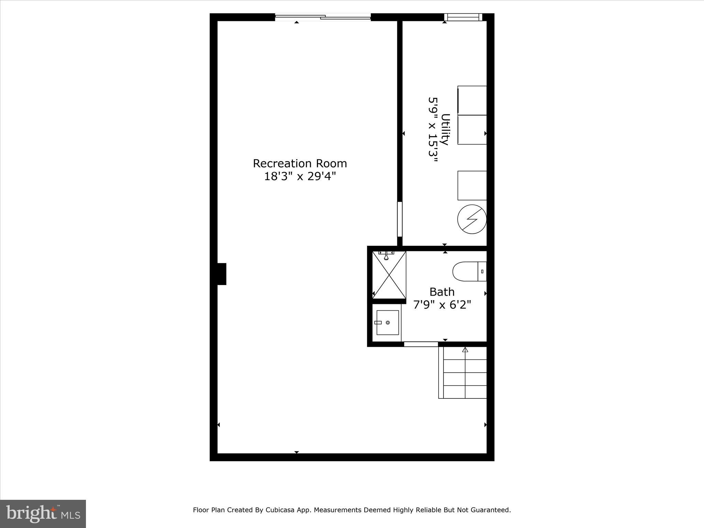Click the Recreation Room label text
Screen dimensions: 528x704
click(300, 163)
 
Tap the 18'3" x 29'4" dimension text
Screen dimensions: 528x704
click(300, 176)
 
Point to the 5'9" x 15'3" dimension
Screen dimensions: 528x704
click(433, 132)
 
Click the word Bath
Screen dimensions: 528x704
click(442, 292)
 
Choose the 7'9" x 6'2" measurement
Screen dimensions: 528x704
click(442, 305)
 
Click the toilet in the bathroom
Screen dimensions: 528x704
click(469, 272)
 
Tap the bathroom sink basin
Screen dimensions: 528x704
click(387, 322)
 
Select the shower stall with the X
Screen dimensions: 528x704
click(389, 275)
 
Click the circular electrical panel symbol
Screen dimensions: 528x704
click(472, 219)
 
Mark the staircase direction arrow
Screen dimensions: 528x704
click(465, 350)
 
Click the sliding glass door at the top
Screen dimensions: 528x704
click(323, 16)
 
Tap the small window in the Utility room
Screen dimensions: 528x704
click(463, 17)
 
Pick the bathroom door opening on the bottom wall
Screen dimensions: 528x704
click(421, 344)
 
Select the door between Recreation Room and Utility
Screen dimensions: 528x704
click(399, 219)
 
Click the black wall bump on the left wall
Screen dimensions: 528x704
click(222, 274)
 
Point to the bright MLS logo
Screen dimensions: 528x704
click(43, 514)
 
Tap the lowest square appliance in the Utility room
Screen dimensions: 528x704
click(472, 186)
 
